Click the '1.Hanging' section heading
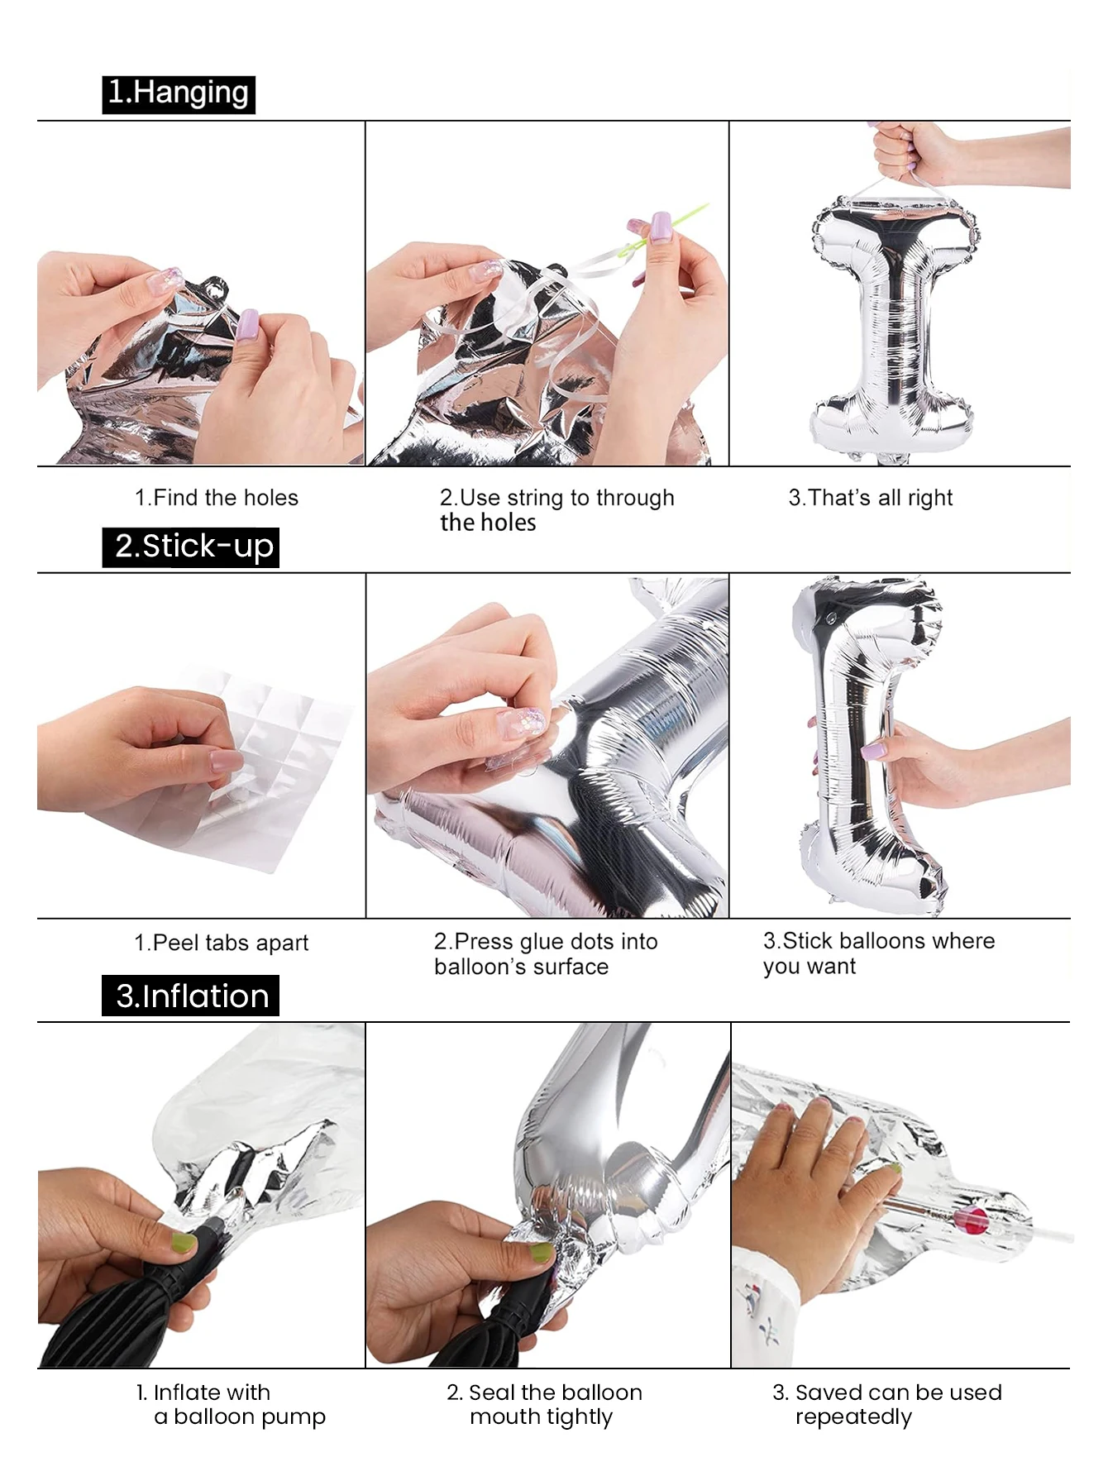click(x=179, y=93)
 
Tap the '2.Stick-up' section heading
click(x=191, y=547)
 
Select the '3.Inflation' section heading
click(x=191, y=996)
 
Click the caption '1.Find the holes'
click(x=217, y=498)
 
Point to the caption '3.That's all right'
click(x=871, y=498)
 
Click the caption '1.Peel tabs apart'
click(x=222, y=943)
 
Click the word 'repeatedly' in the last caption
click(x=853, y=1417)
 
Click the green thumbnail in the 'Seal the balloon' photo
click(x=542, y=1252)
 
